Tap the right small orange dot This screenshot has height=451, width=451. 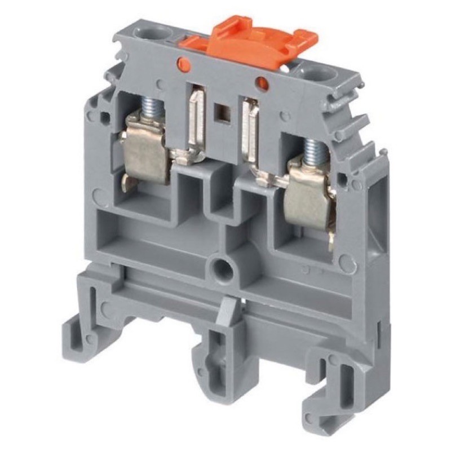tap(262, 83)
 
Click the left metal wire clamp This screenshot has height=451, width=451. tap(145, 149)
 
